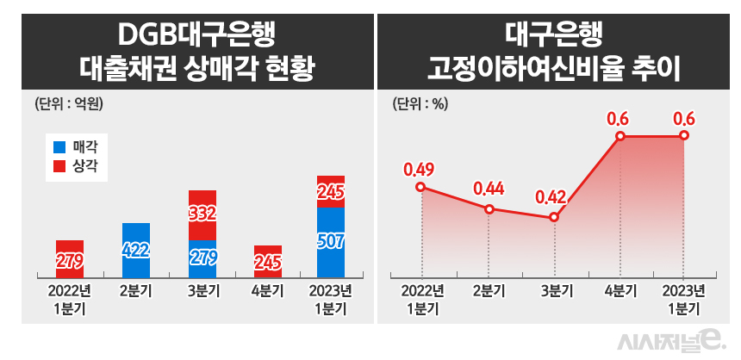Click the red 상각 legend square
coord(59,165)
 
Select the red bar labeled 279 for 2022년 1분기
coord(70,258)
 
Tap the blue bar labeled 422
coord(136,250)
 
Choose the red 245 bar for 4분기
coord(268,260)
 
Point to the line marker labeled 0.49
coord(420,187)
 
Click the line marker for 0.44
coord(489,208)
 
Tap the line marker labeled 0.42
coord(554,217)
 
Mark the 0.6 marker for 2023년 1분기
coord(684,136)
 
